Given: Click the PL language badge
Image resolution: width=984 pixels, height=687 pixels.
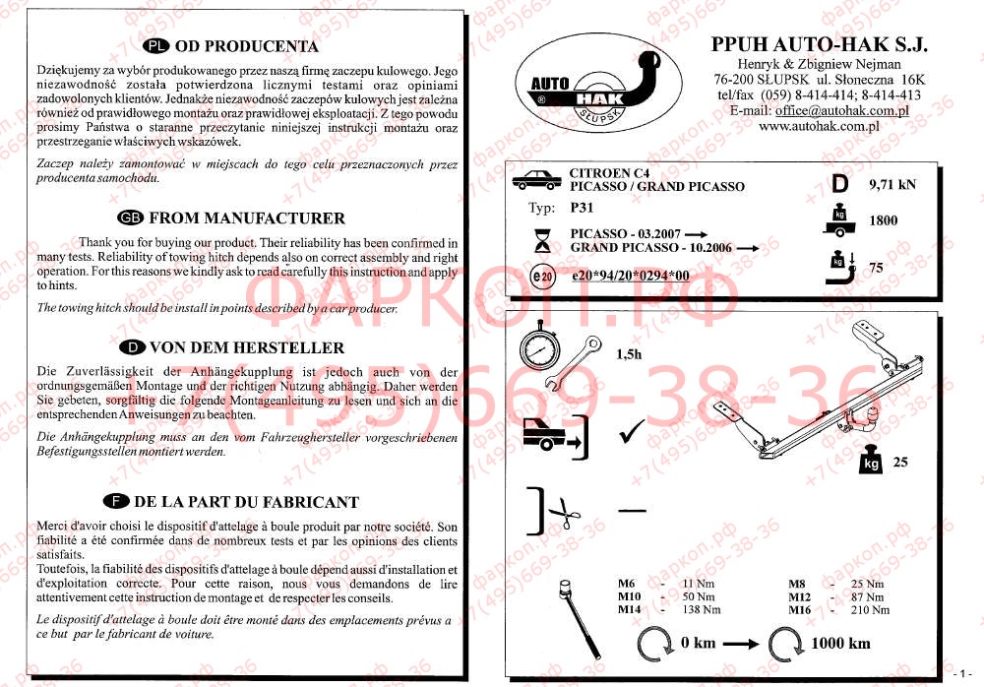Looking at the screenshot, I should [156, 46].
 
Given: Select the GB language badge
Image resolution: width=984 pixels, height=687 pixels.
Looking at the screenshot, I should [130, 219].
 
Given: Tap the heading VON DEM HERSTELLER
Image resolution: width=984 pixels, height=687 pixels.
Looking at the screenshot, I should [245, 347].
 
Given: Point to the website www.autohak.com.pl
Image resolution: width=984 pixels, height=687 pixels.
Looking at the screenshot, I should [819, 127].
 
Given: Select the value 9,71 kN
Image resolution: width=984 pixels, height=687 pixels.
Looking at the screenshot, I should [892, 184].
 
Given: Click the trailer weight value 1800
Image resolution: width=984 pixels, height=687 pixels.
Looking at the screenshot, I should [883, 221].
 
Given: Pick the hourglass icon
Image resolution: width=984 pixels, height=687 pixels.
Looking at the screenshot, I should [541, 239].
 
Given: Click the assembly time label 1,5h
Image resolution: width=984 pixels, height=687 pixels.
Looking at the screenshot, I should [628, 354].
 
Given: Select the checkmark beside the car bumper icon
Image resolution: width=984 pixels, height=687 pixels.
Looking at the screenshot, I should [632, 431].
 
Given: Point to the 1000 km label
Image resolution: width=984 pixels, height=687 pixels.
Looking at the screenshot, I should [840, 644].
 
